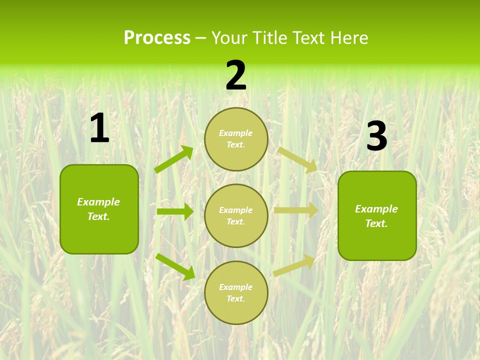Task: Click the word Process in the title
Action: (157, 38)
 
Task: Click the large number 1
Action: (99, 128)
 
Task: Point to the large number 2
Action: (236, 75)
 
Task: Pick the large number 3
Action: (376, 136)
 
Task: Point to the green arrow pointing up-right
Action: (174, 159)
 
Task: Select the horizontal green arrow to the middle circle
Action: (175, 211)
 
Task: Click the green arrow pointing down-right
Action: (175, 266)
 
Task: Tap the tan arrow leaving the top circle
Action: (297, 159)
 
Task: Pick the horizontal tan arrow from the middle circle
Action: (296, 210)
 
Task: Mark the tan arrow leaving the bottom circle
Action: (294, 265)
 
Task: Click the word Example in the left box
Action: (98, 202)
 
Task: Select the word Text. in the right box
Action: (376, 223)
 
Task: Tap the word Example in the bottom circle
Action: (236, 287)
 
